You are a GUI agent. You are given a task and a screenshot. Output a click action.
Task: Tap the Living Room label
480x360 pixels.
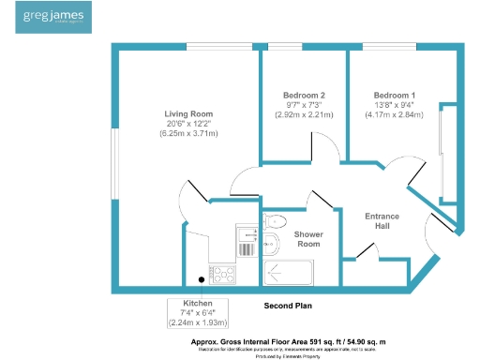188,113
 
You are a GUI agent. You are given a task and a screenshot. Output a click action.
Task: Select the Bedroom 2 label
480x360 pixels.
304,96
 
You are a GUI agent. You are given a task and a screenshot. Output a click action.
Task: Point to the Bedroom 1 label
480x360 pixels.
395,96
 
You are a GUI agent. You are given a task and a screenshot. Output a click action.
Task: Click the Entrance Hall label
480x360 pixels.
382,222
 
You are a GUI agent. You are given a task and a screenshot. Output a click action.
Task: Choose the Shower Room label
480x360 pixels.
308,239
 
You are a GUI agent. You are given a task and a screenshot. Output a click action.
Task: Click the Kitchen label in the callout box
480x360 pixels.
198,304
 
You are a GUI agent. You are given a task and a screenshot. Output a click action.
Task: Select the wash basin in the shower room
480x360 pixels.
269,245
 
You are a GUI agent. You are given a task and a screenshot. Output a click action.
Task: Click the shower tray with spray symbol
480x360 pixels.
292,273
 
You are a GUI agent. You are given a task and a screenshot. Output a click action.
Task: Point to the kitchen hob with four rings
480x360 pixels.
224,274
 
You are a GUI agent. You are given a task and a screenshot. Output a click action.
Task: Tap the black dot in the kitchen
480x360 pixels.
201,278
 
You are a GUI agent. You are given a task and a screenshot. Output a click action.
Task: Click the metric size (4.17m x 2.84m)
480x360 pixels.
395,115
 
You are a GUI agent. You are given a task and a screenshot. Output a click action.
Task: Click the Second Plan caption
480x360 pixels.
288,306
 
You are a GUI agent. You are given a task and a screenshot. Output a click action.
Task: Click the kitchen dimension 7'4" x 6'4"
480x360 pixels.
198,313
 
